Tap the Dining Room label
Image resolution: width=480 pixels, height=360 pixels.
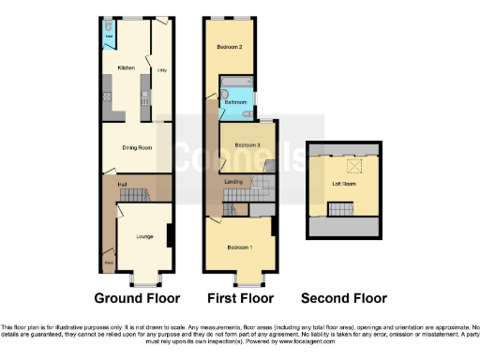[137, 147]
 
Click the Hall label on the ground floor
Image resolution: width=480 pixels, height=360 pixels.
[122, 186]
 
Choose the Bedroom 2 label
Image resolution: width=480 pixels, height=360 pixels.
[230, 47]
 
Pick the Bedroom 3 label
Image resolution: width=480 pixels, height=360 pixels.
[247, 145]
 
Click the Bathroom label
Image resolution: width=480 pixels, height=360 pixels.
[234, 101]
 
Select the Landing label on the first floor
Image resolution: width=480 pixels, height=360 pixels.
[234, 180]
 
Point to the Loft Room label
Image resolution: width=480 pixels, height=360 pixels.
[344, 185]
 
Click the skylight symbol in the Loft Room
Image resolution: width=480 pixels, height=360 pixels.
[353, 167]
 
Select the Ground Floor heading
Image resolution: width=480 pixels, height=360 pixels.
[138, 299]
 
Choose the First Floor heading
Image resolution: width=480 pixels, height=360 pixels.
[239, 299]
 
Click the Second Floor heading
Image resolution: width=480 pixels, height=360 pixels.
[343, 299]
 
